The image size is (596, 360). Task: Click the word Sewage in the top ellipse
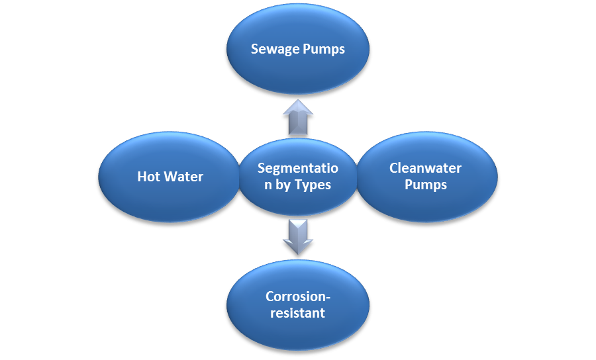tap(275, 50)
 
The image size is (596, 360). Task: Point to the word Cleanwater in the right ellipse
tap(425, 168)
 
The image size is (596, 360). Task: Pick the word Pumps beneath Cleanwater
tap(426, 185)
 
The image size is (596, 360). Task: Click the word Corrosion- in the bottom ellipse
tap(297, 296)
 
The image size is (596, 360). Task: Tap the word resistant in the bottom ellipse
tap(297, 312)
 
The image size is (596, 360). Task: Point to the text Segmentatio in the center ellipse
tap(297, 168)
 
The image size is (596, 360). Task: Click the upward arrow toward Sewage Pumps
tap(297, 118)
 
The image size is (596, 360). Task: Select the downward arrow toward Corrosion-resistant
tap(297, 236)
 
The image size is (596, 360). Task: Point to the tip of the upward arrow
tap(297, 101)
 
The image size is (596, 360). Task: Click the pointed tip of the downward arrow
tap(297, 253)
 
